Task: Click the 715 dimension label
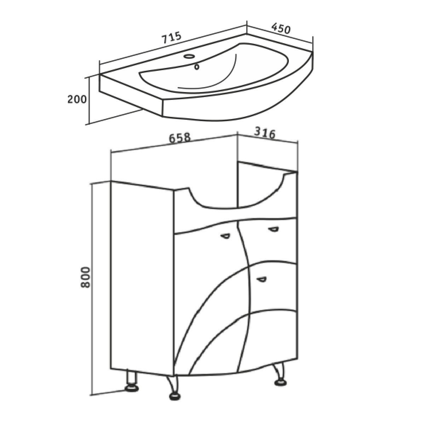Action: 172,38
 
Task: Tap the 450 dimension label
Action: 281,29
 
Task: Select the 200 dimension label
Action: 77,99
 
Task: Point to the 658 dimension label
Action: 180,138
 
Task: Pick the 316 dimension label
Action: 265,133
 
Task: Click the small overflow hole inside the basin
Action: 196,67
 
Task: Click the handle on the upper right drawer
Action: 273,229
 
